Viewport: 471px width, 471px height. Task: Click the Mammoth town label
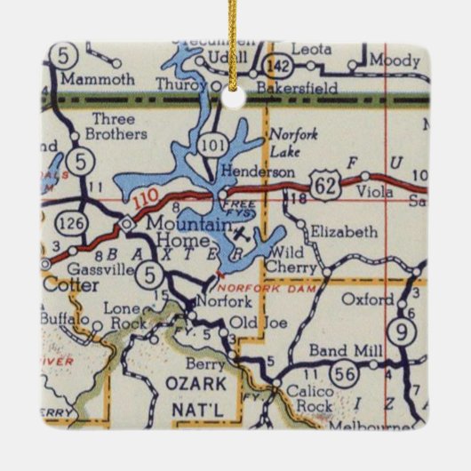pos(101,79)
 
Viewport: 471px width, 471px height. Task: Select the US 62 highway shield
pos(323,184)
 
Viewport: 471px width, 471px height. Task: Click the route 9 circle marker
pos(404,333)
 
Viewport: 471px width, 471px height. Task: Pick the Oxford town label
pos(368,299)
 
